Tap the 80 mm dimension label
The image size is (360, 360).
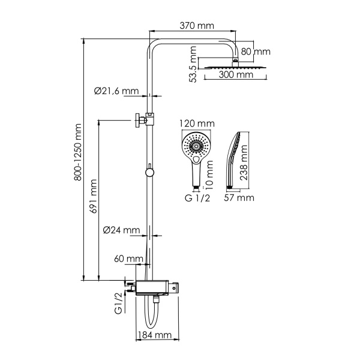pyautogui.click(x=256, y=52)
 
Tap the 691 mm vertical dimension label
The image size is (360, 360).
pyautogui.click(x=94, y=200)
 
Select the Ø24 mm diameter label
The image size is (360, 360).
pyautogui.click(x=121, y=230)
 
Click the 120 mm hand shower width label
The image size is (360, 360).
pyautogui.click(x=197, y=123)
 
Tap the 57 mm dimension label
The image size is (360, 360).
pyautogui.click(x=240, y=197)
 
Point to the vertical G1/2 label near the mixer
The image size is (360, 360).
pyautogui.click(x=118, y=301)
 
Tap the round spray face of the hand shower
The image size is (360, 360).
pyautogui.click(x=196, y=146)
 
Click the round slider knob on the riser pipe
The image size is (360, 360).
pyautogui.click(x=149, y=173)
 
